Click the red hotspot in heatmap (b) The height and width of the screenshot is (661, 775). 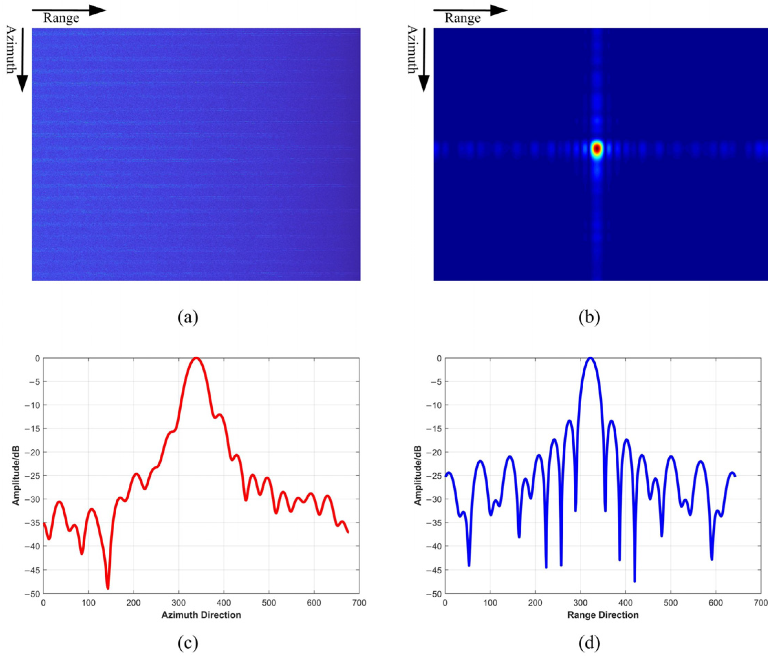tap(597, 149)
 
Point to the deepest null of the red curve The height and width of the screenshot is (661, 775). tap(108, 588)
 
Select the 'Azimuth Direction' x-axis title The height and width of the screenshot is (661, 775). tap(201, 615)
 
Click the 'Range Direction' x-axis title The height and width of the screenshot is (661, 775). tap(603, 615)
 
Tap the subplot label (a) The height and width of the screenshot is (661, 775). tap(188, 317)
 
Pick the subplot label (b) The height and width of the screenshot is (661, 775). tap(589, 317)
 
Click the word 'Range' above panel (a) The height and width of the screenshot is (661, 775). tap(61, 18)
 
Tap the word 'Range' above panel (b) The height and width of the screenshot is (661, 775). tap(463, 18)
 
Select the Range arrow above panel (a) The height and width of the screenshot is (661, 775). tap(69, 10)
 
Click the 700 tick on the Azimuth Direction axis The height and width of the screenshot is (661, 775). tap(359, 603)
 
